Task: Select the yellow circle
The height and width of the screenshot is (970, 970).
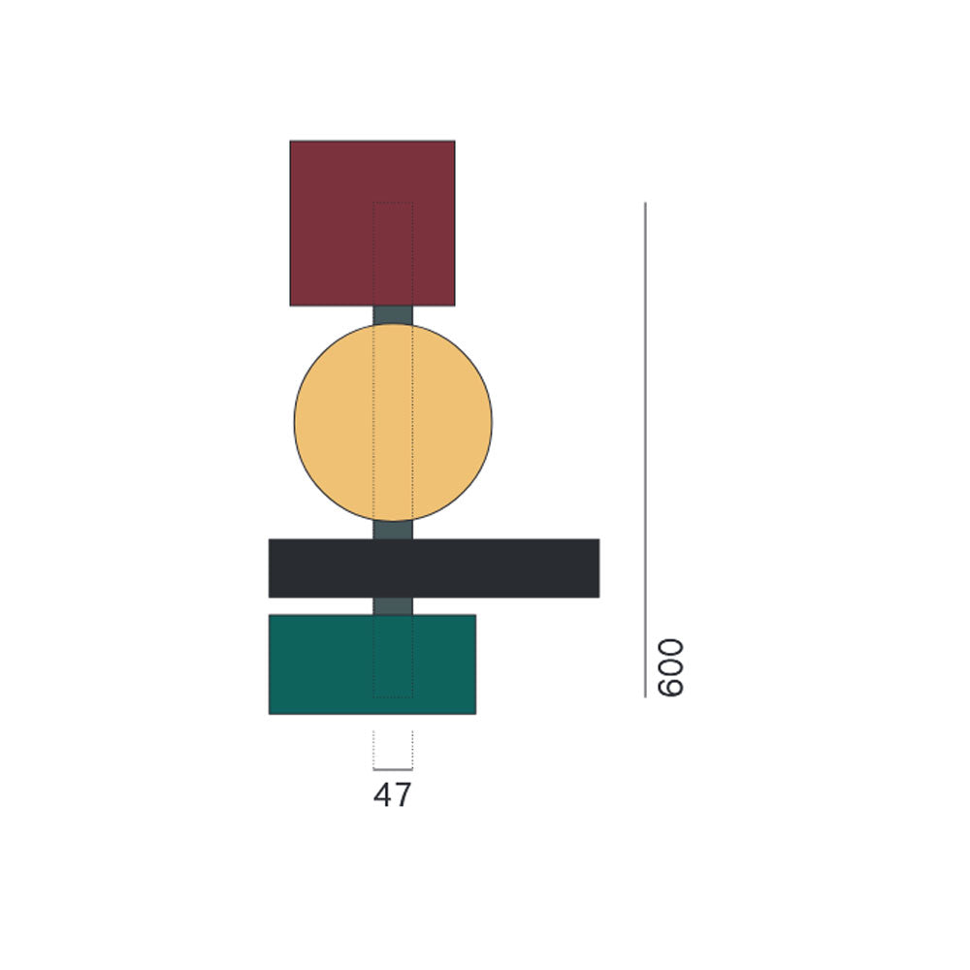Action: (393, 422)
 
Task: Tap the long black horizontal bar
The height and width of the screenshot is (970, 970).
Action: (434, 567)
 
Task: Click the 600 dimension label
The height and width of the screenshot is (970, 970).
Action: (670, 667)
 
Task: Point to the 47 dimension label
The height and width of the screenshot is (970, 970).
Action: (392, 795)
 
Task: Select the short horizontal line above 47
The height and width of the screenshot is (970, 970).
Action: (393, 770)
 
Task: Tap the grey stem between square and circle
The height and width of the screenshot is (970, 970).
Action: (393, 314)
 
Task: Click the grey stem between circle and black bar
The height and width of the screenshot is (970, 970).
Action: (393, 530)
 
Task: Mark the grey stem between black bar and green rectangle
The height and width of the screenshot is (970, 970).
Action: (393, 606)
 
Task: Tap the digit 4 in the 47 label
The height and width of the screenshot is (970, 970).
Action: (383, 795)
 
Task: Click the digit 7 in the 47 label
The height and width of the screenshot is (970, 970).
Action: (403, 795)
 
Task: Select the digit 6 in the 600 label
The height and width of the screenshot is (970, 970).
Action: (670, 686)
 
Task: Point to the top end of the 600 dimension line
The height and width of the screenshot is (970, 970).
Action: (645, 204)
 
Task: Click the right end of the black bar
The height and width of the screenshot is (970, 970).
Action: (597, 567)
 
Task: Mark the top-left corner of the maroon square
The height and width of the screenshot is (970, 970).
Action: (291, 142)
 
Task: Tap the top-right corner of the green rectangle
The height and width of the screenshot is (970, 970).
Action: (474, 616)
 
